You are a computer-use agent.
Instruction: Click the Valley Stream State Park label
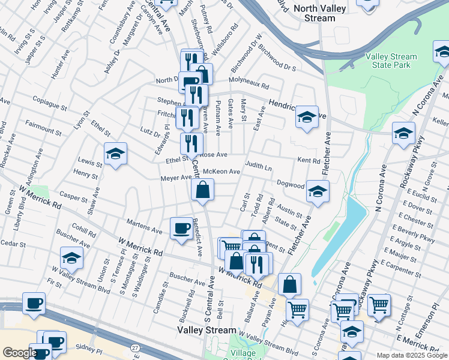(391, 61)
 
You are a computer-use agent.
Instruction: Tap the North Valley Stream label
(316, 13)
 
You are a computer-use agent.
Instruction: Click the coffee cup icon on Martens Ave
(181, 229)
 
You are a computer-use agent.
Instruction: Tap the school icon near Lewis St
(115, 154)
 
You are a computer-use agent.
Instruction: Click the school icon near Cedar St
(71, 259)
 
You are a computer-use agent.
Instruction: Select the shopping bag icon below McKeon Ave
(203, 191)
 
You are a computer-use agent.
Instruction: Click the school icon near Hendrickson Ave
(306, 118)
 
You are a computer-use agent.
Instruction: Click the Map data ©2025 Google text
(412, 355)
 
